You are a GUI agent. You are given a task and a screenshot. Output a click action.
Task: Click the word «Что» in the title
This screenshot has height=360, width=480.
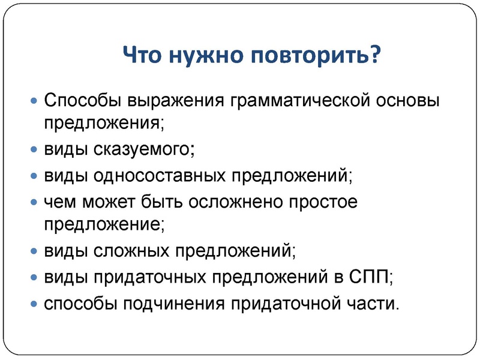[x=144, y=58]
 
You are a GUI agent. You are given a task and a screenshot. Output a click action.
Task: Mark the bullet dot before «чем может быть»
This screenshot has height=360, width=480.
[x=34, y=202]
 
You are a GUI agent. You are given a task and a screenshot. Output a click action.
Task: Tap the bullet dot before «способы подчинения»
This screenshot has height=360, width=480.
[x=34, y=303]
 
